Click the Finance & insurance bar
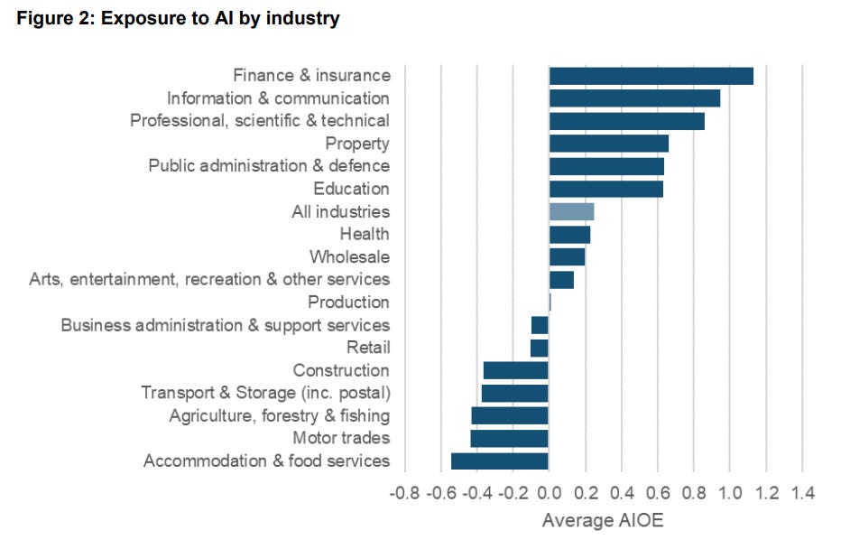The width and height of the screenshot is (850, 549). tap(651, 76)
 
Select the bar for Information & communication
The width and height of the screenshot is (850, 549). tap(634, 98)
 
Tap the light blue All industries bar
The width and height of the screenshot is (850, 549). tap(571, 212)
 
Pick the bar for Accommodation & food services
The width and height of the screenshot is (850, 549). tap(500, 461)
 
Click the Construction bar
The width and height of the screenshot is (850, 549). tap(516, 370)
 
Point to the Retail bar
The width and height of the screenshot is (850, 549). tap(540, 348)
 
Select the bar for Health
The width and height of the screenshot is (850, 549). tap(569, 235)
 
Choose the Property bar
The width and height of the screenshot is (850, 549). tap(609, 144)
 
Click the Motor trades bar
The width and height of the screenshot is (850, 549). tap(510, 439)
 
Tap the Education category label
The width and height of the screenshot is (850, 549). tap(351, 189)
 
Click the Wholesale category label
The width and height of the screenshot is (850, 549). tap(349, 257)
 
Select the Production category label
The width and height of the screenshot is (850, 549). tap(348, 302)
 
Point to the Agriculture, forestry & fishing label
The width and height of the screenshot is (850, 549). tap(280, 416)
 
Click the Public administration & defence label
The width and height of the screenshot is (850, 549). tap(269, 166)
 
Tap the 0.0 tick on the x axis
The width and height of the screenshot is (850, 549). tap(549, 494)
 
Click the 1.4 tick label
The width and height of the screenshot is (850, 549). tap(802, 494)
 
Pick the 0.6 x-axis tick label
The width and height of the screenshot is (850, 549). tap(657, 494)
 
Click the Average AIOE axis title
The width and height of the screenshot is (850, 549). tap(602, 522)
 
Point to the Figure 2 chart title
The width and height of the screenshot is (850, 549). tap(178, 19)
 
